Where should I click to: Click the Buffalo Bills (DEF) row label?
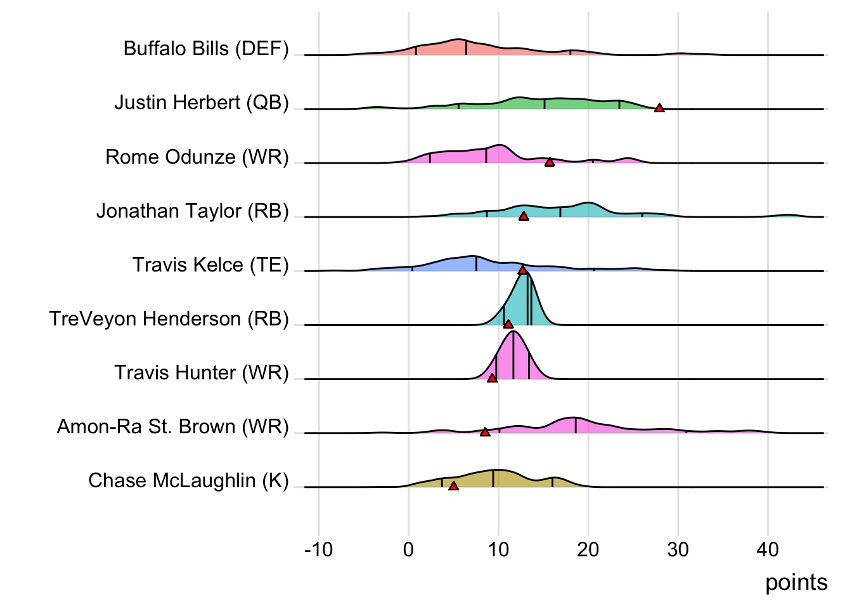point(206,49)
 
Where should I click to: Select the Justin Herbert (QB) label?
point(202,103)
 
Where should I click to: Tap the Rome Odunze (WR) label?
point(197,157)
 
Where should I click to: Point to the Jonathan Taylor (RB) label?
point(193,211)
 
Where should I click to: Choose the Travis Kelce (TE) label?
point(210,265)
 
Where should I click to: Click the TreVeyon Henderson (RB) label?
point(169,318)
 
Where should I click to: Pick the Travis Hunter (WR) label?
point(202,372)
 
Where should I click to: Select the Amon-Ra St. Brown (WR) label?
point(173,426)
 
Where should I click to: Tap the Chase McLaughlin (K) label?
point(188,481)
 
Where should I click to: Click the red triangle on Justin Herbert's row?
point(659,108)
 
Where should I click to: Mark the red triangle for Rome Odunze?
point(550,162)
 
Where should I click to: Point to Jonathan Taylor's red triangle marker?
point(524,216)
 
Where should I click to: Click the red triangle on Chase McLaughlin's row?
point(453,486)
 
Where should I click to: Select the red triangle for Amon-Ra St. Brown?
point(485,432)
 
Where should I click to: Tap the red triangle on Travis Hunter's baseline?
point(492,378)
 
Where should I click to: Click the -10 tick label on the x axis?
point(318,549)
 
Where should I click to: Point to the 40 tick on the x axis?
point(768,549)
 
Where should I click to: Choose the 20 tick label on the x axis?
point(588,549)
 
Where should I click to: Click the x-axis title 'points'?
point(796,582)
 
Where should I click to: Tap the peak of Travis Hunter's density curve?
point(513,332)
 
